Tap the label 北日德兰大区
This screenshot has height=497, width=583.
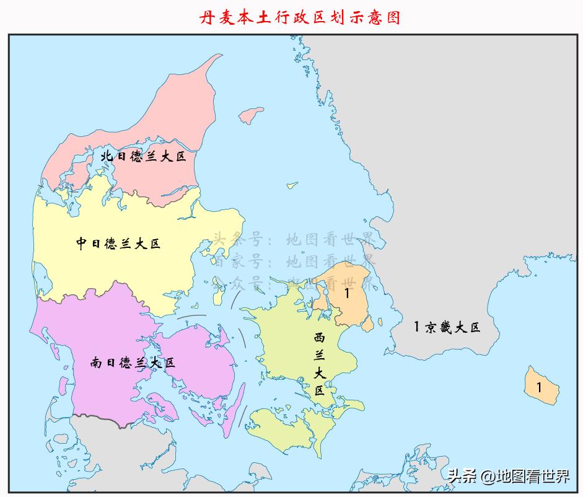click(143, 156)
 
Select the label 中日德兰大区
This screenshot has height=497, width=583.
click(118, 244)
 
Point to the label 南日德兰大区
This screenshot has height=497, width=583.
click(133, 363)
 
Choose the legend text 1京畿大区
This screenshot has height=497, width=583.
click(447, 327)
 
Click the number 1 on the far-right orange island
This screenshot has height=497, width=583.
click(539, 387)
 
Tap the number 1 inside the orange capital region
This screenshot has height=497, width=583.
click(347, 293)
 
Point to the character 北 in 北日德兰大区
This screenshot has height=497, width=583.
click(107, 157)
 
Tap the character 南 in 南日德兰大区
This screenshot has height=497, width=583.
click(97, 363)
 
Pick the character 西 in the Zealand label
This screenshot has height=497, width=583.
click(319, 338)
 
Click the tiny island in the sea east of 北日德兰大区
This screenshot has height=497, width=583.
click(290, 184)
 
